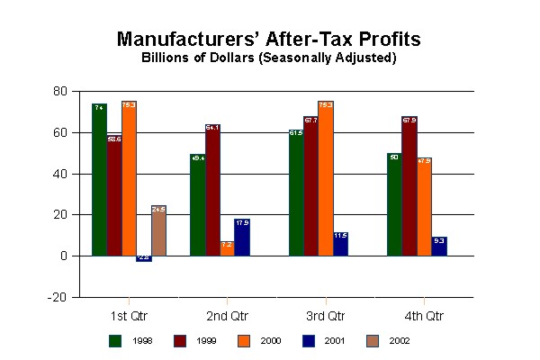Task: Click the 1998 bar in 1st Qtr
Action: click(x=99, y=180)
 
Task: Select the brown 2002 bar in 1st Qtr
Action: click(x=158, y=231)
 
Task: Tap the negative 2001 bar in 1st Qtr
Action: click(x=143, y=258)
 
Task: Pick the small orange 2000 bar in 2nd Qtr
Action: click(x=227, y=248)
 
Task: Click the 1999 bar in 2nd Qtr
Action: click(x=212, y=190)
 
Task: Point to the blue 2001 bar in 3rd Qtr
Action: click(x=340, y=244)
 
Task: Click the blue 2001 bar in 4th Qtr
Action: click(x=438, y=247)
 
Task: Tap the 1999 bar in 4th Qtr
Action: click(x=409, y=186)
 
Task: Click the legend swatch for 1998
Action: click(x=114, y=339)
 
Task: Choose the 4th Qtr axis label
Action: click(x=423, y=316)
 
